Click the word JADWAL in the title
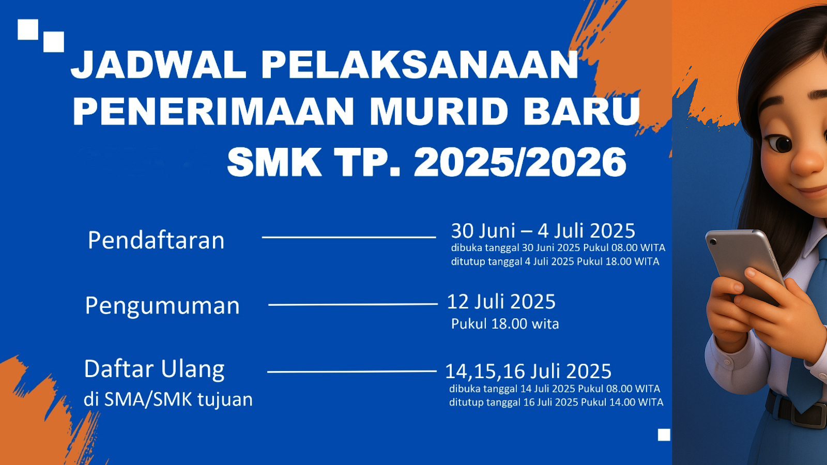159,65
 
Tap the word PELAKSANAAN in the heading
420,65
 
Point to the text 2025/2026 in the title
520,162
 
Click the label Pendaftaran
156,241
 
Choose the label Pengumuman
162,306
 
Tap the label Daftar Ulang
155,369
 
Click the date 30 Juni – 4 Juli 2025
543,231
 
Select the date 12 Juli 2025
501,302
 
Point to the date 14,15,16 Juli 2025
528,371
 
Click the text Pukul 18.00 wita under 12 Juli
504,323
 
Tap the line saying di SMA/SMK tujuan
168,400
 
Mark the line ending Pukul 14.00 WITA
556,402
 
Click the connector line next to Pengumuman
353,304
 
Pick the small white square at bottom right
664,435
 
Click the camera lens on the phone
713,241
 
